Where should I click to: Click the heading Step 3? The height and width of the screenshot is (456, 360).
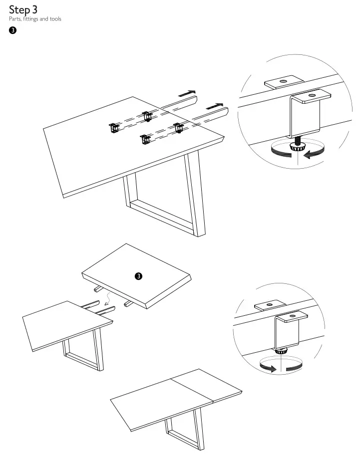click(23, 9)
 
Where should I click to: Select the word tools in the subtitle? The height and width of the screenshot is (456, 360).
click(55, 19)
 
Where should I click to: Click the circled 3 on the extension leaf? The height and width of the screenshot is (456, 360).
click(139, 275)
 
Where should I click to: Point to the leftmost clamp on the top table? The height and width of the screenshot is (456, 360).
click(113, 128)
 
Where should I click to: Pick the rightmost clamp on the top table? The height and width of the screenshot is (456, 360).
click(178, 127)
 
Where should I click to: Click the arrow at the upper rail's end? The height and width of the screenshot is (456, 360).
click(187, 93)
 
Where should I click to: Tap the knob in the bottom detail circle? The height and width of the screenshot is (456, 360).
click(281, 351)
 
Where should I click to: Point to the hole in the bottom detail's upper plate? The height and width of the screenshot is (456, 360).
click(268, 304)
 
